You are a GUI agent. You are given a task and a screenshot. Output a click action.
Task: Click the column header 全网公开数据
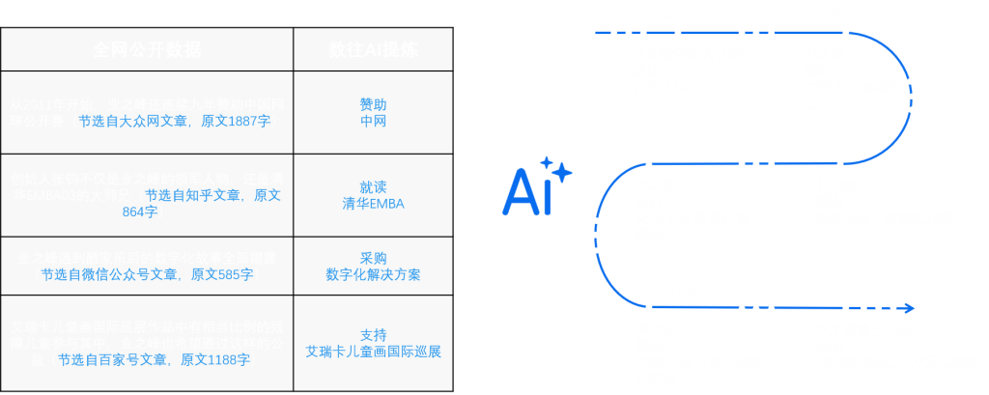click(147, 49)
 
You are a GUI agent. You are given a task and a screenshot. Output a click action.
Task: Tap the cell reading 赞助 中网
click(373, 113)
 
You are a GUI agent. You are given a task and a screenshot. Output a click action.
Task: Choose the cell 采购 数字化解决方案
click(373, 266)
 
